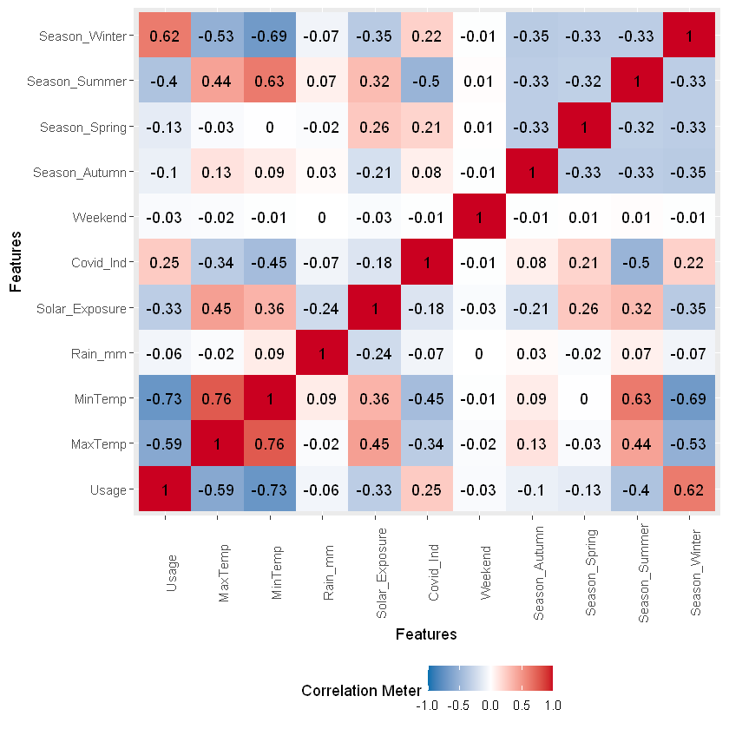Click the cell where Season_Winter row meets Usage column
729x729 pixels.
[164, 36]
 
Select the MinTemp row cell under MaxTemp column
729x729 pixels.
[217, 398]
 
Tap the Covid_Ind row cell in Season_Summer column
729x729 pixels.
[637, 263]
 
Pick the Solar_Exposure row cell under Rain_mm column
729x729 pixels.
[321, 308]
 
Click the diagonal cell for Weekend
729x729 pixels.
[479, 218]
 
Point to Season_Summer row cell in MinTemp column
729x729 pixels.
[269, 82]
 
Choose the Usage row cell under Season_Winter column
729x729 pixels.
[689, 489]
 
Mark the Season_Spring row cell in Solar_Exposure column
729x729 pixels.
[374, 127]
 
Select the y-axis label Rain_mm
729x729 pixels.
[103, 353]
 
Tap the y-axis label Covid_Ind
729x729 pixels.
[101, 263]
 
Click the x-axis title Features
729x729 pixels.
[425, 634]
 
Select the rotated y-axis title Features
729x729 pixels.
[16, 260]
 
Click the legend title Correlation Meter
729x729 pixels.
[361, 691]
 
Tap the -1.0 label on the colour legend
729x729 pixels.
[427, 705]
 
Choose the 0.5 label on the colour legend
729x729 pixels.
[521, 705]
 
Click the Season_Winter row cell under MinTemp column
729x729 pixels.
[269, 36]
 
